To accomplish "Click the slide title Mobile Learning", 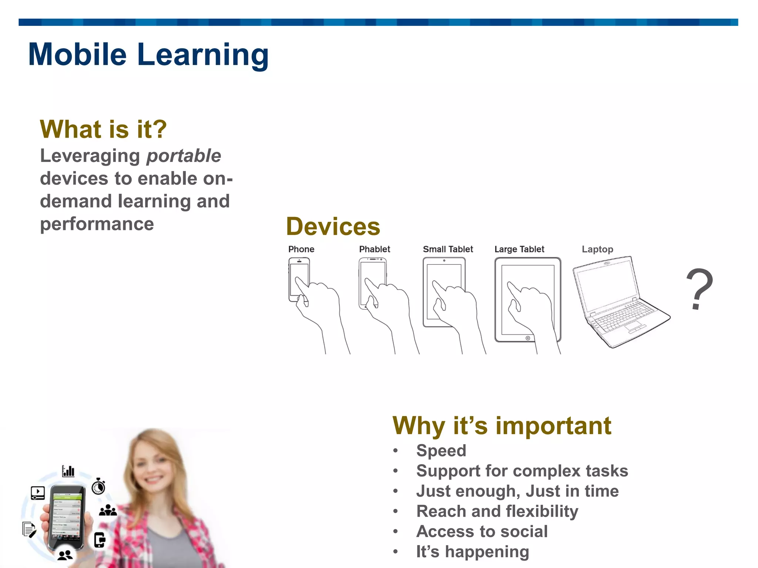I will pos(148,54).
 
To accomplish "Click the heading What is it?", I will pos(103,129).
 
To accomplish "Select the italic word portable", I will pos(184,156).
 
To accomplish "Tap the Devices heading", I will pos(333,226).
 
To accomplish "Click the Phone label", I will pos(301,249).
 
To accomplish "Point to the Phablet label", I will pos(375,249).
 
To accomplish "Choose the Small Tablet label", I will pos(448,249).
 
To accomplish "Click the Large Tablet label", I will pos(519,249).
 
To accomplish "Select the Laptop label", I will pos(597,249).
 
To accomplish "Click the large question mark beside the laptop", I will pos(699,289).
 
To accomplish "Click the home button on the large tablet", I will pos(528,338).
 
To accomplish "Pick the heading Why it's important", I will pos(502,426).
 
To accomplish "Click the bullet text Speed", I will pos(441,450).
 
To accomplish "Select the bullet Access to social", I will pos(482,531).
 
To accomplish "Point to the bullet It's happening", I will pos(473,552).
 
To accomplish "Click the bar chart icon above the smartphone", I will pos(68,471).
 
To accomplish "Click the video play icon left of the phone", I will pos(38,493).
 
